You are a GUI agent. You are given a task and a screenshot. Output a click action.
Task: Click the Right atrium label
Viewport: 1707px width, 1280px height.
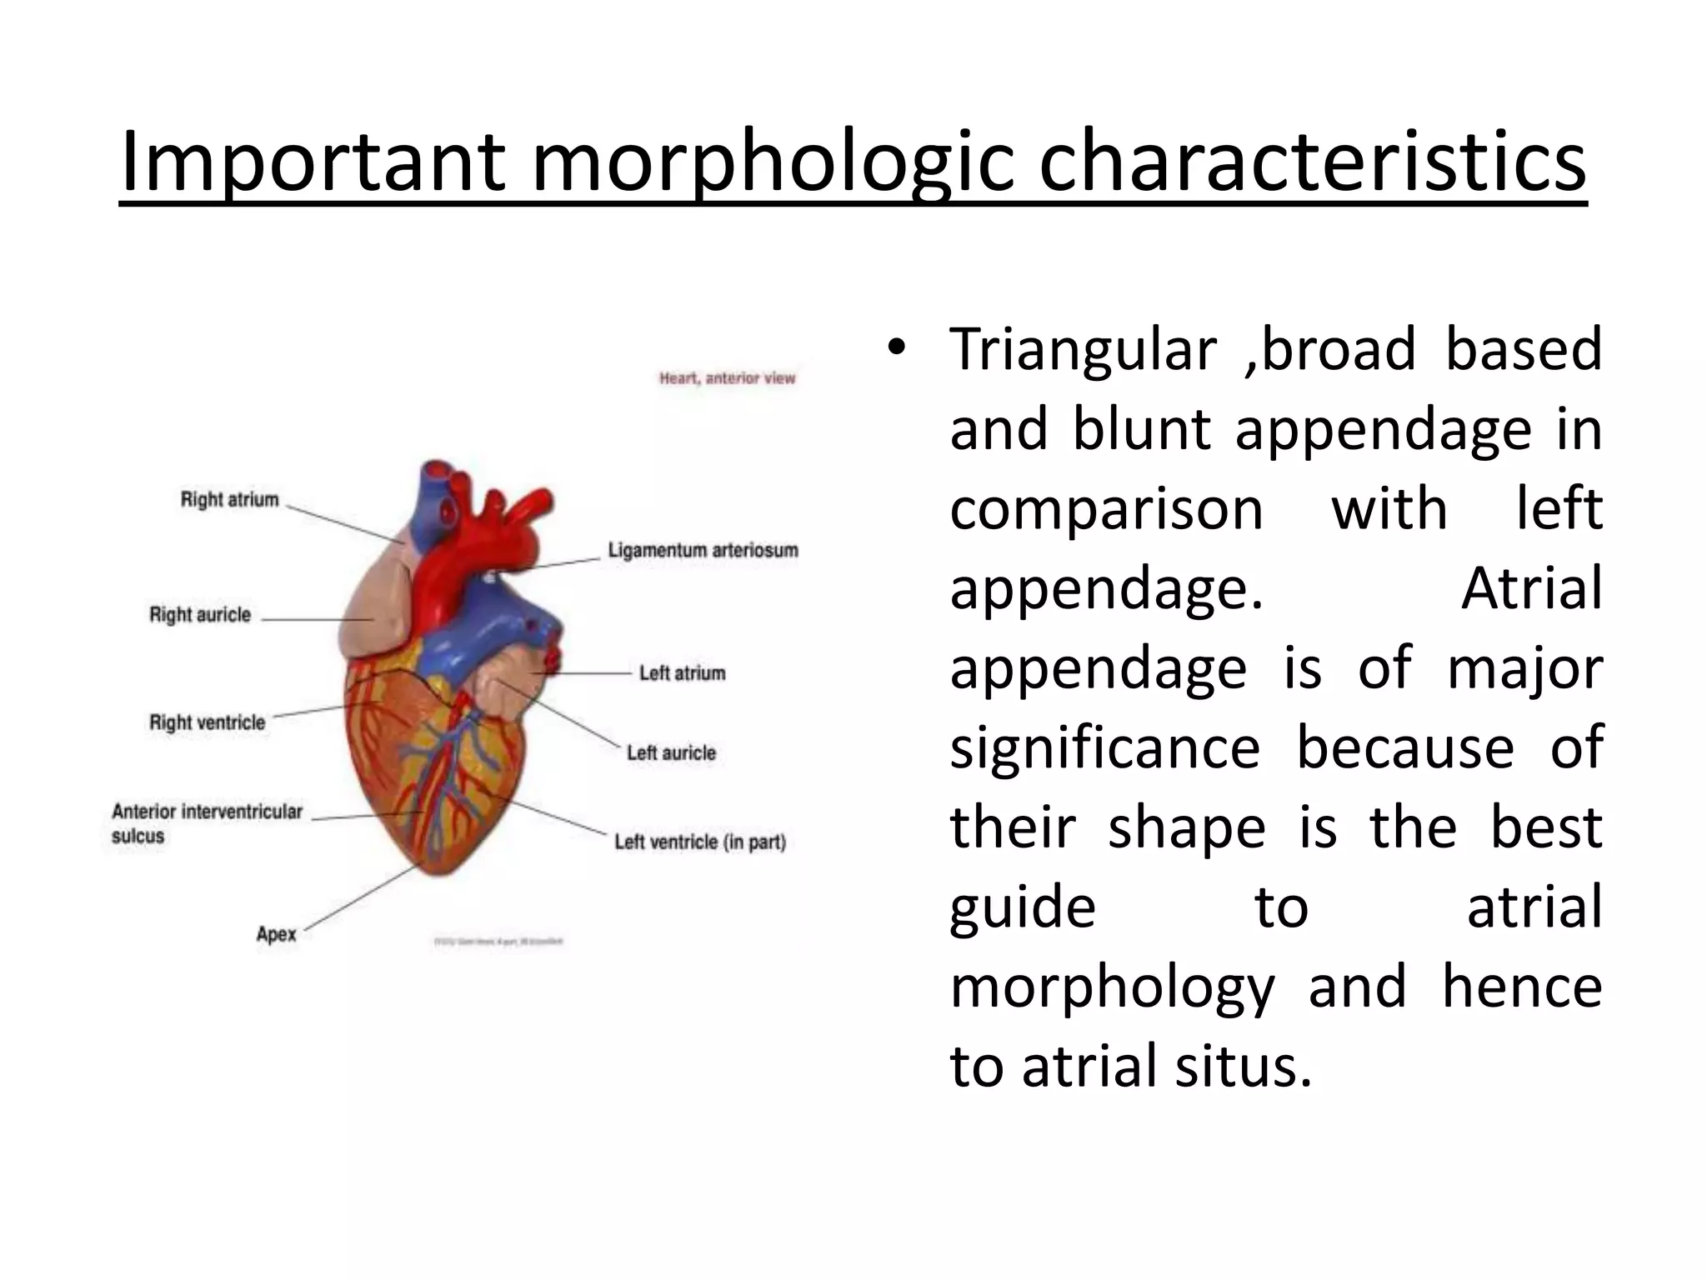click(230, 500)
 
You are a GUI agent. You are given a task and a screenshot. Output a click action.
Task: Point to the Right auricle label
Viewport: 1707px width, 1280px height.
click(200, 615)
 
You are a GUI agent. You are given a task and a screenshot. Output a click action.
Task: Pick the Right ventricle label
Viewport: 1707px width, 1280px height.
click(207, 722)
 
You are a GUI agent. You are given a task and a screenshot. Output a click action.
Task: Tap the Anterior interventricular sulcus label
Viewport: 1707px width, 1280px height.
click(207, 823)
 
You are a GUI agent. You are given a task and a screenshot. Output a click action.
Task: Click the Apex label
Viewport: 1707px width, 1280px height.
click(276, 934)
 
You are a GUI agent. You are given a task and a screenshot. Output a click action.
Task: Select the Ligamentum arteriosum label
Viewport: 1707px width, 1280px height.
click(703, 551)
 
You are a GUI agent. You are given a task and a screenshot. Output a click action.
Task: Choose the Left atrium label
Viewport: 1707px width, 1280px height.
click(682, 673)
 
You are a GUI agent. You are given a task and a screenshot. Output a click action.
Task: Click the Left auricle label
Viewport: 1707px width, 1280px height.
click(671, 753)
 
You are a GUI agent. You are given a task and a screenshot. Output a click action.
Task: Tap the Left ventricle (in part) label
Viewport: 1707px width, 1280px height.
click(700, 842)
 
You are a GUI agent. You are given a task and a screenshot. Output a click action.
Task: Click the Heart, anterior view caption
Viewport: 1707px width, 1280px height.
click(727, 378)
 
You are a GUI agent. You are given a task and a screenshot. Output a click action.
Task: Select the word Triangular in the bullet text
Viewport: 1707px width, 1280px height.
click(1083, 350)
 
